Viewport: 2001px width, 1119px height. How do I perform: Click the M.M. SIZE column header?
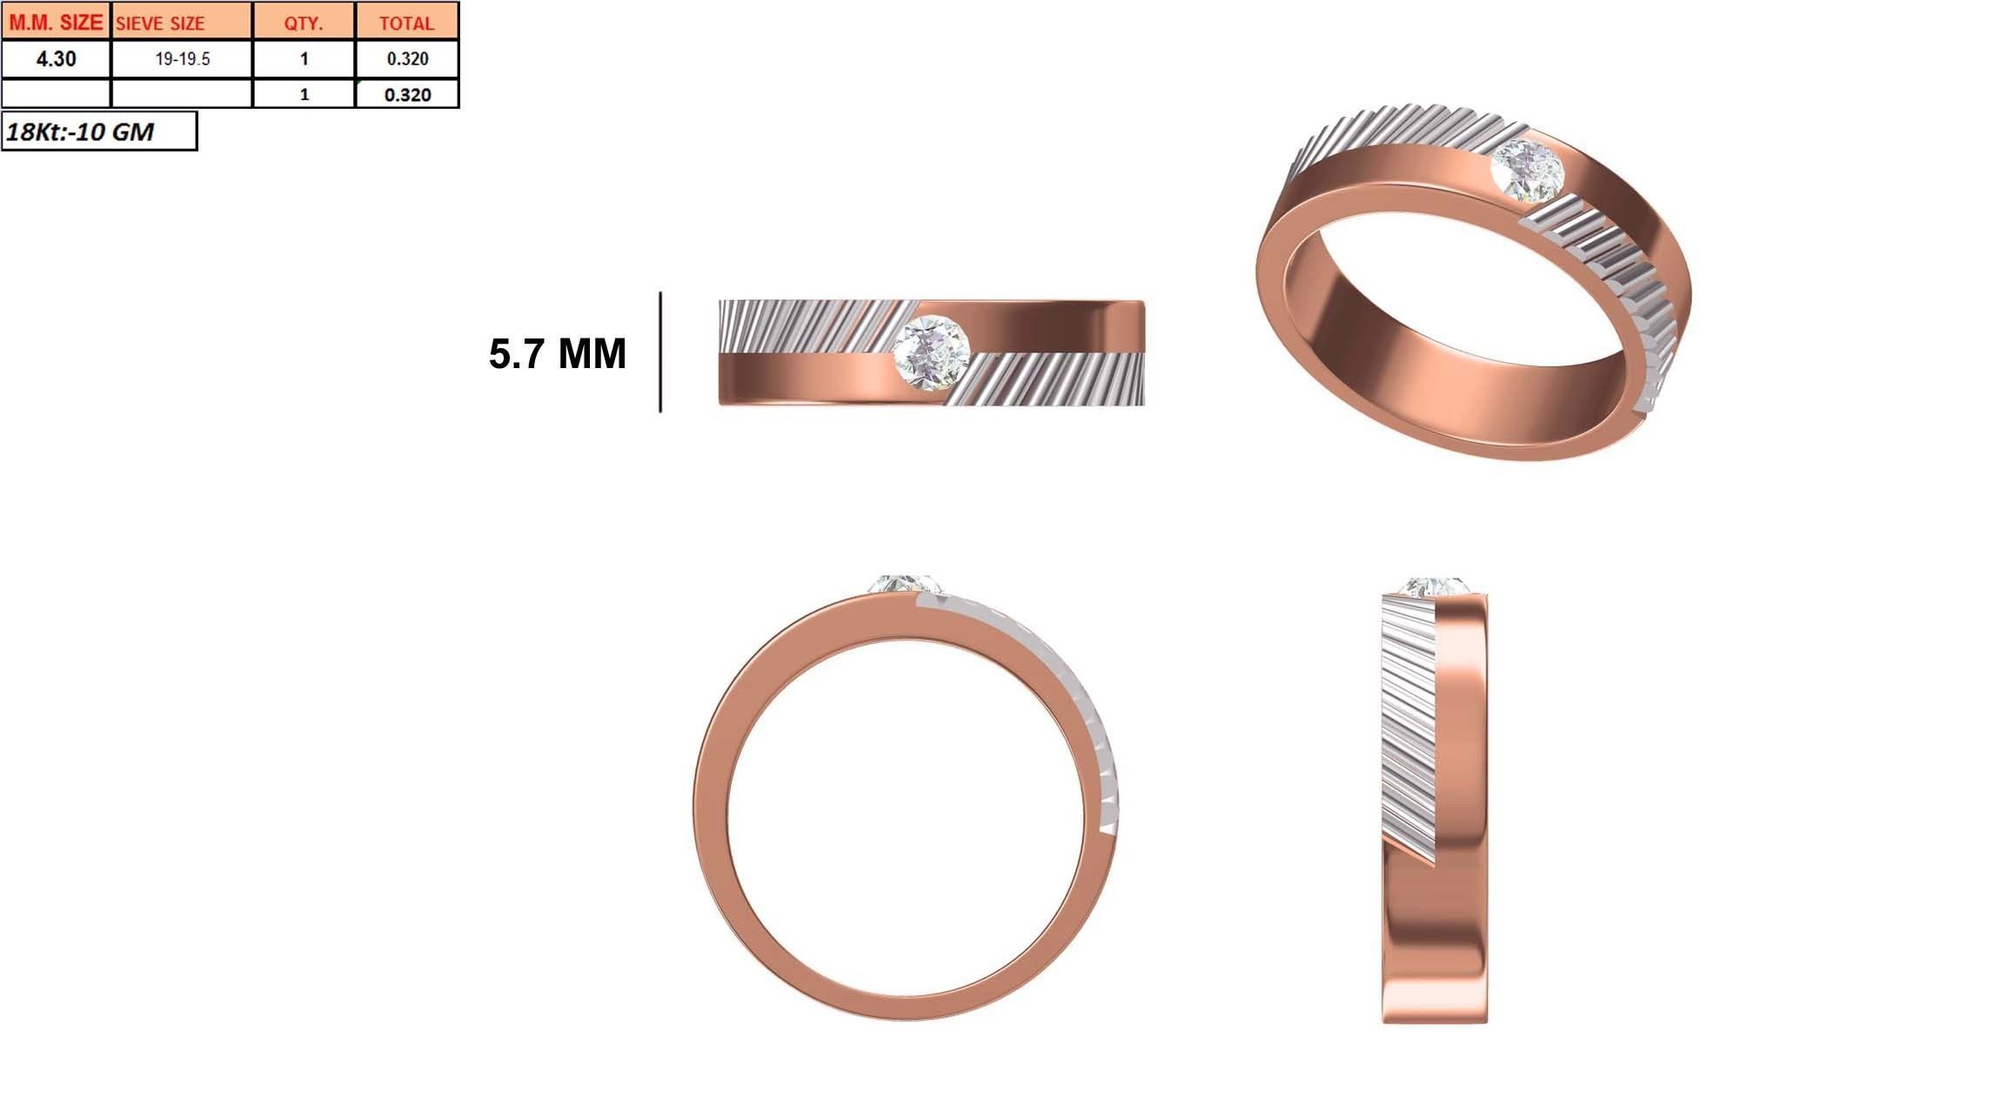pos(56,22)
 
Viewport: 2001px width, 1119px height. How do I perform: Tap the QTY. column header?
pos(304,23)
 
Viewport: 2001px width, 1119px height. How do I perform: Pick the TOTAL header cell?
pos(406,23)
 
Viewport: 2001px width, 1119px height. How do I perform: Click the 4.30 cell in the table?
pos(56,59)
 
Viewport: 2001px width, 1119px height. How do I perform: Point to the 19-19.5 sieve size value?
pos(183,59)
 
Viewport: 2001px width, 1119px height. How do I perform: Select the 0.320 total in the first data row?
pos(407,59)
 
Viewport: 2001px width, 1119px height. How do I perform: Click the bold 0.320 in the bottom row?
pos(407,94)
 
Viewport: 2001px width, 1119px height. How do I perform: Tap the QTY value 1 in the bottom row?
pos(304,94)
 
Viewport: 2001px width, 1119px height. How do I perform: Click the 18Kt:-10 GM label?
pos(80,131)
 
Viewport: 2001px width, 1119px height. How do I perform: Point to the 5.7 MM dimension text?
pos(557,353)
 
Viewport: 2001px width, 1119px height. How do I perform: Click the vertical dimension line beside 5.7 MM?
pos(660,352)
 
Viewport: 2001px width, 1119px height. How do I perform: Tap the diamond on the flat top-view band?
pos(931,352)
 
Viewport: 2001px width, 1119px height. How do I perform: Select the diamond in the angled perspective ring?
pos(1527,171)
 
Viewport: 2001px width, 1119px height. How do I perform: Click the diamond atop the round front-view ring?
pos(905,584)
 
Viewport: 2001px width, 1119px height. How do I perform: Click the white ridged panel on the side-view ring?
pos(1408,731)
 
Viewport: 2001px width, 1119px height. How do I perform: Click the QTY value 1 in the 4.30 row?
pos(304,59)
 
